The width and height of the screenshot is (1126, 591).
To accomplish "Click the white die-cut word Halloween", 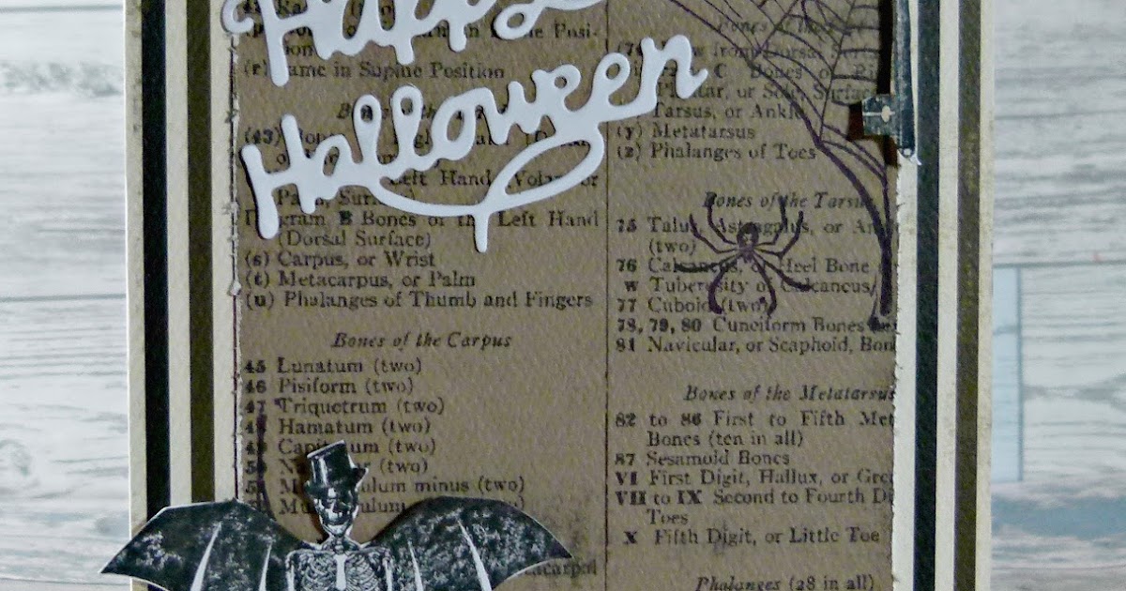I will [x=469, y=141].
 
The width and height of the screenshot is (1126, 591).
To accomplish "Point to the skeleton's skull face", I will [x=334, y=502].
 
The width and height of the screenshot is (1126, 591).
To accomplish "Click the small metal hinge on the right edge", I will [x=882, y=117].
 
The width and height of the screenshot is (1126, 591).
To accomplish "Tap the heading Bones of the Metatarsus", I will [x=788, y=393].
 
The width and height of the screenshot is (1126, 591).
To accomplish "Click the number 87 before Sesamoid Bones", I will [x=627, y=460].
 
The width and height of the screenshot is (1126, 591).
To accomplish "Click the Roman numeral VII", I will [x=631, y=498].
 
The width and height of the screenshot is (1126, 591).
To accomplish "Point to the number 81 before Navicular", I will [x=627, y=344].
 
